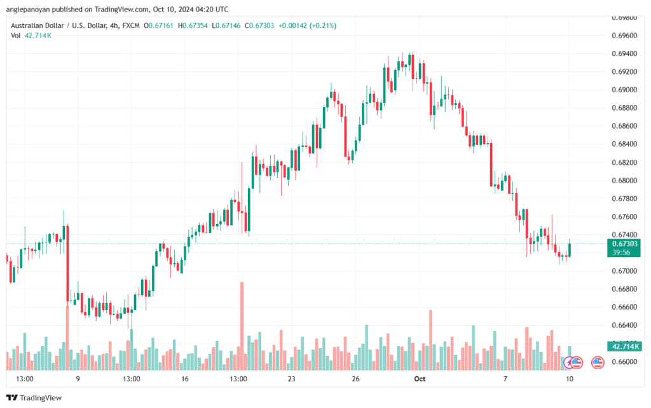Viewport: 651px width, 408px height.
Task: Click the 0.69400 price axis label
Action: click(x=624, y=53)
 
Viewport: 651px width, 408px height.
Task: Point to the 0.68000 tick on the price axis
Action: click(x=624, y=181)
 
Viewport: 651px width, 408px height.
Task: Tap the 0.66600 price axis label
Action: click(x=624, y=307)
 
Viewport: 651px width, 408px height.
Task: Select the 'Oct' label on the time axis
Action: click(x=420, y=379)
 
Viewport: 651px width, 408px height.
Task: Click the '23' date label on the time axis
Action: click(x=291, y=379)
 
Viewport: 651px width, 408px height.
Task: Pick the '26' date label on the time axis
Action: click(x=355, y=379)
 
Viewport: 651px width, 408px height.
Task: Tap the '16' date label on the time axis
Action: click(x=185, y=379)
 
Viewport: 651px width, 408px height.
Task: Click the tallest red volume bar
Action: click(x=242, y=326)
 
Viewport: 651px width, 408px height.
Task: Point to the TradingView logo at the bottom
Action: click(x=34, y=398)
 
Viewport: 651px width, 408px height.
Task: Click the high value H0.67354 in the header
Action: click(x=193, y=25)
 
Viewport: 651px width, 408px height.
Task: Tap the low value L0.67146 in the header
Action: click(x=226, y=25)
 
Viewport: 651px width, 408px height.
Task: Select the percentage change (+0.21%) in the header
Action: click(x=323, y=25)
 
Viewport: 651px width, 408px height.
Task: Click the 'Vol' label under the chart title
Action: click(x=15, y=36)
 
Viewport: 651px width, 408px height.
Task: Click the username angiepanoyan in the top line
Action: click(x=28, y=10)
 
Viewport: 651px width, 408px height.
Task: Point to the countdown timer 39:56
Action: click(x=621, y=252)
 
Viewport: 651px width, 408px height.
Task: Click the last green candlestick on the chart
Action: click(x=570, y=248)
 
